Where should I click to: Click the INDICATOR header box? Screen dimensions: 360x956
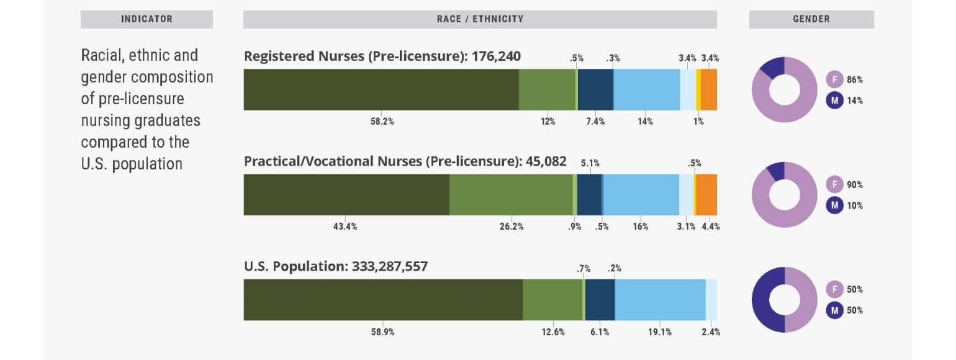[147, 19]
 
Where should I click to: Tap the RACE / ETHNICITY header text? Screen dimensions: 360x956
[480, 19]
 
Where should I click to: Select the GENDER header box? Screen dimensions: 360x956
[811, 19]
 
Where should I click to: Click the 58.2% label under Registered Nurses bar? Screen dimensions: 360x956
[382, 122]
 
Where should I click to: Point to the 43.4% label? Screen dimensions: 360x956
[345, 227]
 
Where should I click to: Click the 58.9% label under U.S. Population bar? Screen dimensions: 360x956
[382, 332]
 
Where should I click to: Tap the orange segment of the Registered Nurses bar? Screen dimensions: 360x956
[709, 89]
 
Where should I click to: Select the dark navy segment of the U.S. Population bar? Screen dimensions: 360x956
[600, 300]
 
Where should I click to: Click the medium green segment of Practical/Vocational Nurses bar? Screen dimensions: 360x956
[511, 194]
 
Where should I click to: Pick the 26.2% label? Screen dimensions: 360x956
[512, 227]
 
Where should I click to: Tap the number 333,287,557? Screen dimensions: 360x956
[390, 267]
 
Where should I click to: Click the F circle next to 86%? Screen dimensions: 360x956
[834, 79]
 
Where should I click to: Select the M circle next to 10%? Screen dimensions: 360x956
[834, 205]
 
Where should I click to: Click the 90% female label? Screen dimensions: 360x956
[855, 185]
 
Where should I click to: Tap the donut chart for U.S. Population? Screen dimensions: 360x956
[784, 300]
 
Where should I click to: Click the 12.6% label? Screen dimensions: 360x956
[553, 332]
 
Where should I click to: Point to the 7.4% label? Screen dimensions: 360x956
[595, 122]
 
